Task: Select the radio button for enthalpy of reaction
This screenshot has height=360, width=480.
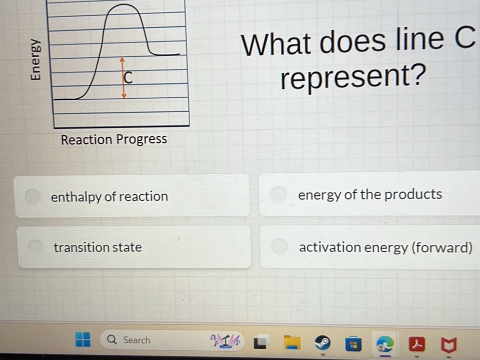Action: (33, 196)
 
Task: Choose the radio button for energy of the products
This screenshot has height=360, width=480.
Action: (279, 194)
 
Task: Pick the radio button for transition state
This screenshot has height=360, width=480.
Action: (36, 247)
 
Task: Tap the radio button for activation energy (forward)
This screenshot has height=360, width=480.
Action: (280, 247)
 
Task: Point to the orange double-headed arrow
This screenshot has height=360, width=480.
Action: (123, 78)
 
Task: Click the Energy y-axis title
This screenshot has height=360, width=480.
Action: (35, 60)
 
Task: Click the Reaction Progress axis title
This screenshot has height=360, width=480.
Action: (114, 140)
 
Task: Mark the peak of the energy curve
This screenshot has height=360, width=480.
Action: (123, 5)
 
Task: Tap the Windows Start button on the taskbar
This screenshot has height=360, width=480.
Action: (83, 340)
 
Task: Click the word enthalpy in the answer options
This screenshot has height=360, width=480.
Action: (77, 197)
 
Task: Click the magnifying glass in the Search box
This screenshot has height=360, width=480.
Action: (113, 340)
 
